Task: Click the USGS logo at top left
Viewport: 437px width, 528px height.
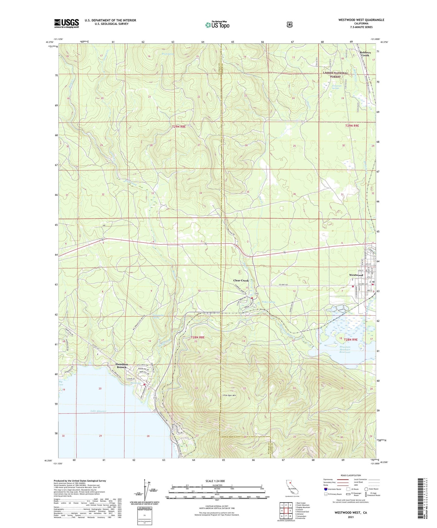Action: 67,23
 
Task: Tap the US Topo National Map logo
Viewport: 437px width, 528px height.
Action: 217,24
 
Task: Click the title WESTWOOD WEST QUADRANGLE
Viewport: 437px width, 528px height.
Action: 361,20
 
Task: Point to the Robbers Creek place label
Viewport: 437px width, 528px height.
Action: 365,54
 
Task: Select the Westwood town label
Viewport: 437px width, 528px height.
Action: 356,275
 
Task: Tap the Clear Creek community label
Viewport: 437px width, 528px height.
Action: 241,281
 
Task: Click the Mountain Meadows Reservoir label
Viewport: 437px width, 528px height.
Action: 345,350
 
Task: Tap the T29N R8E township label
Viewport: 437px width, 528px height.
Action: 178,127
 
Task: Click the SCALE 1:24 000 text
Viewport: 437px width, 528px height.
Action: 215,481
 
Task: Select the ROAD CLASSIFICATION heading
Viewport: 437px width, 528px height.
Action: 351,475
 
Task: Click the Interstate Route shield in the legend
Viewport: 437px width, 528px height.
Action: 325,489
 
